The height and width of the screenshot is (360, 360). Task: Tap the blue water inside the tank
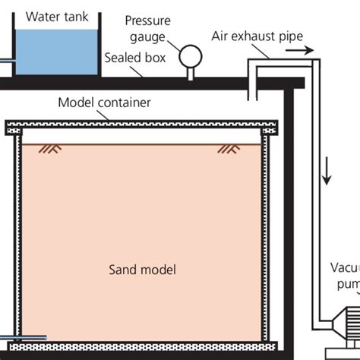(57, 52)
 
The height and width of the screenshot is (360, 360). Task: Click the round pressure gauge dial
(188, 55)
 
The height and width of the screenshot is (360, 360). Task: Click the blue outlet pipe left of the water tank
(5, 60)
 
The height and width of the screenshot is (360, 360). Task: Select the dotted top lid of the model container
(141, 123)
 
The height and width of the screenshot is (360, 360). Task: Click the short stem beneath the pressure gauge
(188, 71)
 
